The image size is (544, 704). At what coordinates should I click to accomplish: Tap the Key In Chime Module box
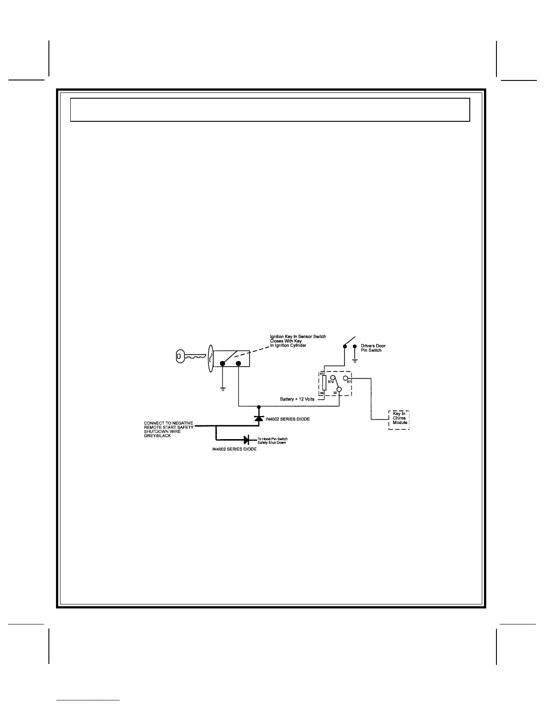[x=399, y=420]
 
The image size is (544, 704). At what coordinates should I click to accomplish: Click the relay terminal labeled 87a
[x=332, y=378]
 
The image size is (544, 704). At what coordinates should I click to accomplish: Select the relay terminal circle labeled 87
[x=345, y=378]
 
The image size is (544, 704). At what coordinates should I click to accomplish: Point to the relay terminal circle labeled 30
[x=339, y=390]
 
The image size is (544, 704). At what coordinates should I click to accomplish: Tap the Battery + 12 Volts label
[x=297, y=399]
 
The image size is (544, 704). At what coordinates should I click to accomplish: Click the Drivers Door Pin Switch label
[x=373, y=348]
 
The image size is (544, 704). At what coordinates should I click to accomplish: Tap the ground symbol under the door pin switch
[x=354, y=360]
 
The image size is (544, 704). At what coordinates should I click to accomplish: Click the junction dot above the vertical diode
[x=259, y=406]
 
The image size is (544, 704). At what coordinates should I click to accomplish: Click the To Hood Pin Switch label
[x=272, y=439]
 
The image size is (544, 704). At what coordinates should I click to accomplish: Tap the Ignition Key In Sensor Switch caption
[x=298, y=336]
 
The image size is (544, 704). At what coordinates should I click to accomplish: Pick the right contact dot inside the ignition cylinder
[x=239, y=364]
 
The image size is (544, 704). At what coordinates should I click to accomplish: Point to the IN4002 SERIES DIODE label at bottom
[x=234, y=449]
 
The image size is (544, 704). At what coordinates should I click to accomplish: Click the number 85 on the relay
[x=322, y=374]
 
